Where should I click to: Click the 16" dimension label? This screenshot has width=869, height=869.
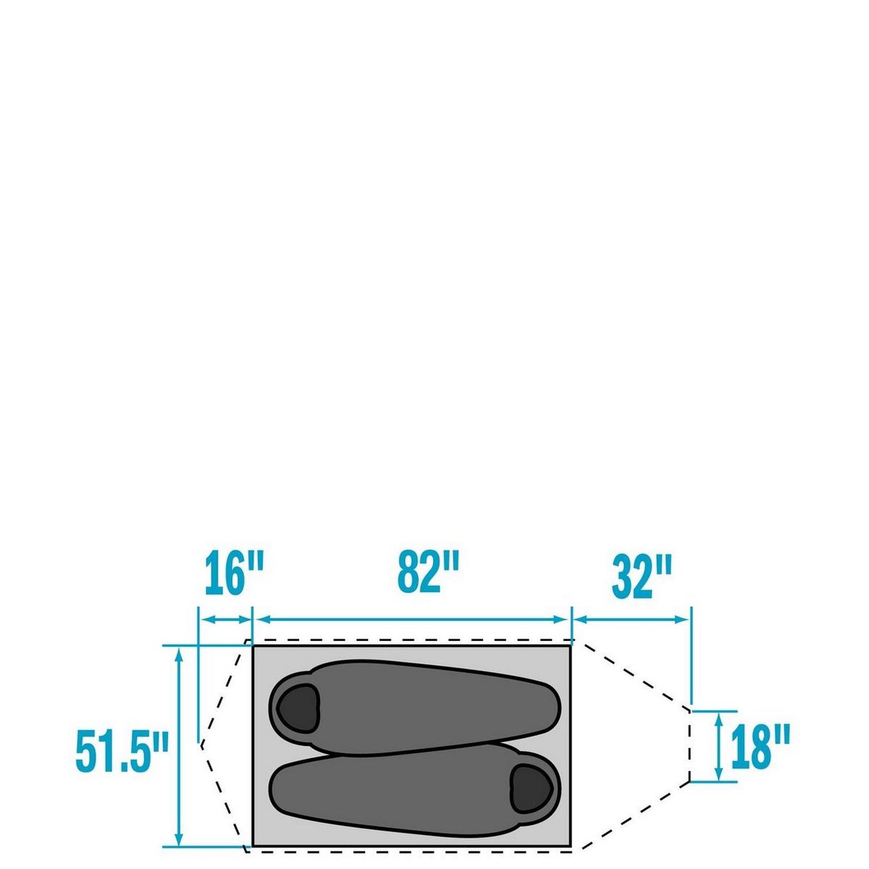[234, 576]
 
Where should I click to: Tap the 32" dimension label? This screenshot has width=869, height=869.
[642, 577]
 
